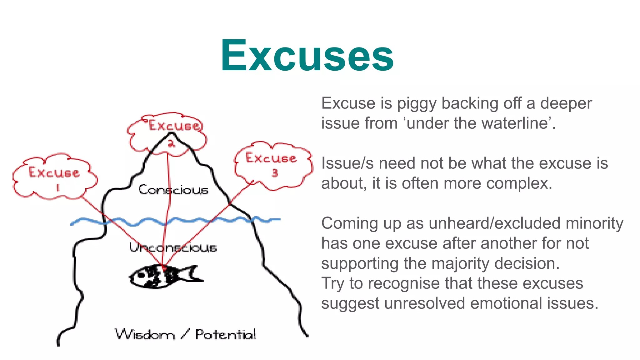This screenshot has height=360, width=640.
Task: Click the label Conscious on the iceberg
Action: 173,190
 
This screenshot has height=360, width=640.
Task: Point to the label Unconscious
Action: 173,247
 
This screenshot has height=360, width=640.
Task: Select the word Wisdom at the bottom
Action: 145,335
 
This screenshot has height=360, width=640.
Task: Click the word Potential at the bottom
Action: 226,335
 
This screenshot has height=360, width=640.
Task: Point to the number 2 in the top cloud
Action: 171,144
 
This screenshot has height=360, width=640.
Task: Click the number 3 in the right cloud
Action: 275,173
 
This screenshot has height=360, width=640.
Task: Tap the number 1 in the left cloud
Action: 57,187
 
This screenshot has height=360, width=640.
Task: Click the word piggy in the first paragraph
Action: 417,104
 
